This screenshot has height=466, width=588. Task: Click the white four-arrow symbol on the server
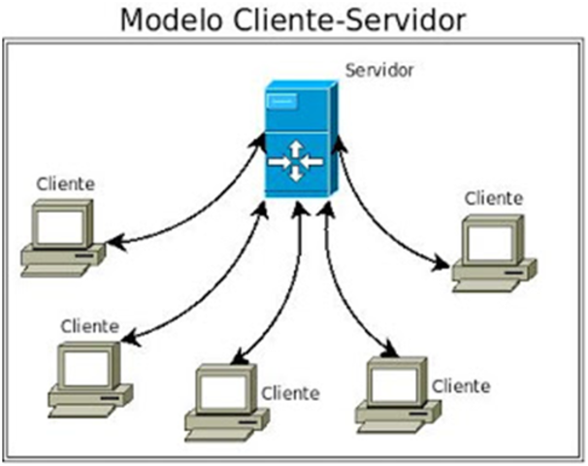point(296,159)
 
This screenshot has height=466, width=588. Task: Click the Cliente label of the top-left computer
point(65,183)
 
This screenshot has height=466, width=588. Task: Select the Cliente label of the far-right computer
point(494,198)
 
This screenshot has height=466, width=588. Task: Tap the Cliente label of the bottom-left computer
point(89,326)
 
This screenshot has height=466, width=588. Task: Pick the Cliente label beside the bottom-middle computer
point(289,393)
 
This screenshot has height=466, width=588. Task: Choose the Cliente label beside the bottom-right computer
point(461,385)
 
